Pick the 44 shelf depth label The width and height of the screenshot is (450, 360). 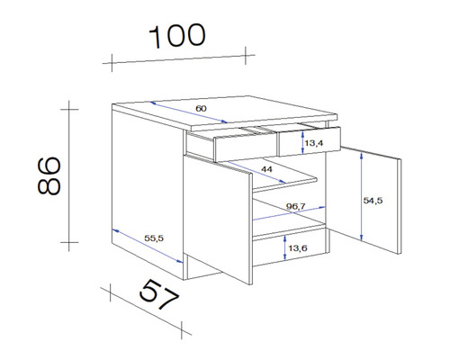tap(267, 168)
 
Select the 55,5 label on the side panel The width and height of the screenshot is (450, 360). tap(153, 238)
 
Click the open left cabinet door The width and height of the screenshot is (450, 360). tap(218, 216)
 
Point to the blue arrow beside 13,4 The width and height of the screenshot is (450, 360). tap(297, 141)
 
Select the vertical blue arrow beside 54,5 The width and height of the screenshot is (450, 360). tap(360, 195)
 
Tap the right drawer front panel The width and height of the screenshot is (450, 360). tap(310, 142)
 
